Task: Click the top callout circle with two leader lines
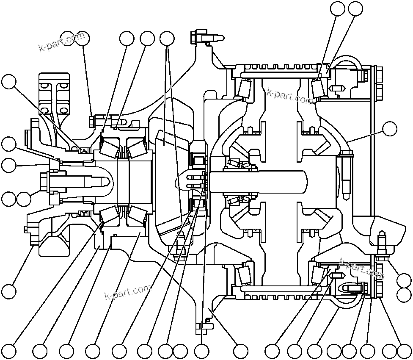coord(167,39)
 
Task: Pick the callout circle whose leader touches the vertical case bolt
coord(389,128)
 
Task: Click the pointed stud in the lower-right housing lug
coord(382,240)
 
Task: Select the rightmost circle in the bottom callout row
coord(405,351)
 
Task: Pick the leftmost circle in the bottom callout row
coord(9,351)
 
